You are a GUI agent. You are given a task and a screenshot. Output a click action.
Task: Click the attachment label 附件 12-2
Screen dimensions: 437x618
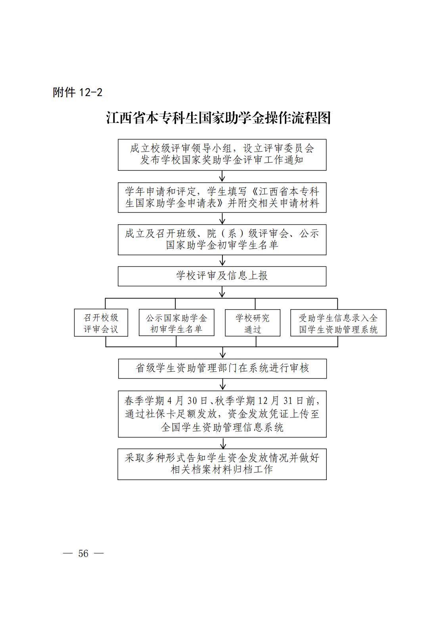coord(78,92)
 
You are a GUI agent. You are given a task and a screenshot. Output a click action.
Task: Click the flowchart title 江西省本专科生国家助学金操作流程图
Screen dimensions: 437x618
coord(218,118)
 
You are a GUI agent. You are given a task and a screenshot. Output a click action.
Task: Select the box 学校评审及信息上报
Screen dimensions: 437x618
coord(222,276)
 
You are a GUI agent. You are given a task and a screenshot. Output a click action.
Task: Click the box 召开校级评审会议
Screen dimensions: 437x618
coord(101,323)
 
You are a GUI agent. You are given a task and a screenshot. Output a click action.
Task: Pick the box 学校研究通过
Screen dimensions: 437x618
coord(253,323)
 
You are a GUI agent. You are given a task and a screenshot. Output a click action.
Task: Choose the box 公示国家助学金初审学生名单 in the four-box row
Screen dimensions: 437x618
coord(176,323)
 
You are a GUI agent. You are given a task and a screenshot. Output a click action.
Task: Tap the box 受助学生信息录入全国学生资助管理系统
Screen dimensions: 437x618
coord(338,323)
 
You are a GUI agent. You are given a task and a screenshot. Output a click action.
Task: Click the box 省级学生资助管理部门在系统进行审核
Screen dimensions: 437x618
coord(222,368)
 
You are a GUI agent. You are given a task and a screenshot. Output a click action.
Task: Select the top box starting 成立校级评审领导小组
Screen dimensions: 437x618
coord(222,155)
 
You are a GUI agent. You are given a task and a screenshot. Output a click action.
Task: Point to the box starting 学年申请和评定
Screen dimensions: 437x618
coord(222,197)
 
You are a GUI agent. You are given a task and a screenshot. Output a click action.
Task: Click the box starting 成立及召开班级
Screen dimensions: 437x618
coord(222,239)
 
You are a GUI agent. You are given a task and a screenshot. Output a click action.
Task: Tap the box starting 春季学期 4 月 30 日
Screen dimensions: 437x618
coord(222,414)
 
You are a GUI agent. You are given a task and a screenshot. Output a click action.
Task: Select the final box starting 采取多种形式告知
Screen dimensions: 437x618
coord(222,464)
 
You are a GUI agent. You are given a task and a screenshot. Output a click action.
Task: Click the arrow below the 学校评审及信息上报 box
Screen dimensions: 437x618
coord(222,292)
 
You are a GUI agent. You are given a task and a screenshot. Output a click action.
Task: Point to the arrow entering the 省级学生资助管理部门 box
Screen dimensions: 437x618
coord(222,352)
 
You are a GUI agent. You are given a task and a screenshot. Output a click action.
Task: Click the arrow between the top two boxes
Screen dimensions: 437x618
coord(222,176)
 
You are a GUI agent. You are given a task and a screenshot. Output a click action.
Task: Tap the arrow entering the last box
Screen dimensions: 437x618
coord(223,443)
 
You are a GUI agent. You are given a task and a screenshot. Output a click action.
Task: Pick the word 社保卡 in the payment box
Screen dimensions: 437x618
coord(159,414)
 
